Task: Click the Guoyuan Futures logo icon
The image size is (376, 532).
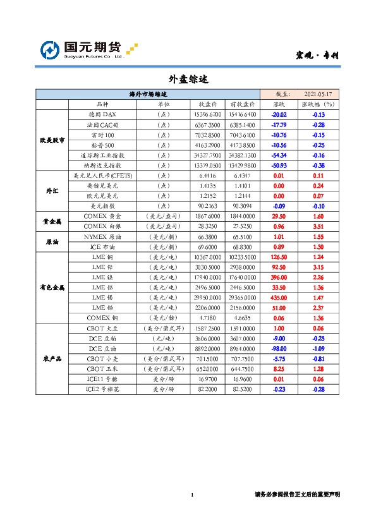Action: tap(50, 51)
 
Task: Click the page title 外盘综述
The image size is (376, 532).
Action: tap(188, 80)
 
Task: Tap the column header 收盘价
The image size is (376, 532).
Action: tap(209, 104)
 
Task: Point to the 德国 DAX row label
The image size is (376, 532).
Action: tap(102, 115)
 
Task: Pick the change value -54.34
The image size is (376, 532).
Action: tap(279, 155)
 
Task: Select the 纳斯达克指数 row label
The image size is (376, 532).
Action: tap(102, 165)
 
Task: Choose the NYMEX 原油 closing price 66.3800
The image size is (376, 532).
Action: tap(209, 236)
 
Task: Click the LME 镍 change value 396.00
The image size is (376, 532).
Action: tap(278, 277)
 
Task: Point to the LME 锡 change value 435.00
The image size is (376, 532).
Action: tap(278, 297)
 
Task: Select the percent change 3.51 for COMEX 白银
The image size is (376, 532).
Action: tap(318, 226)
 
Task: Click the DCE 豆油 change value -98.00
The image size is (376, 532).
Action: tap(279, 348)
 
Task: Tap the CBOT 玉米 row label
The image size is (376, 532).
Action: tap(102, 368)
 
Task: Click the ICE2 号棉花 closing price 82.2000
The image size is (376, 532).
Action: tap(209, 389)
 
